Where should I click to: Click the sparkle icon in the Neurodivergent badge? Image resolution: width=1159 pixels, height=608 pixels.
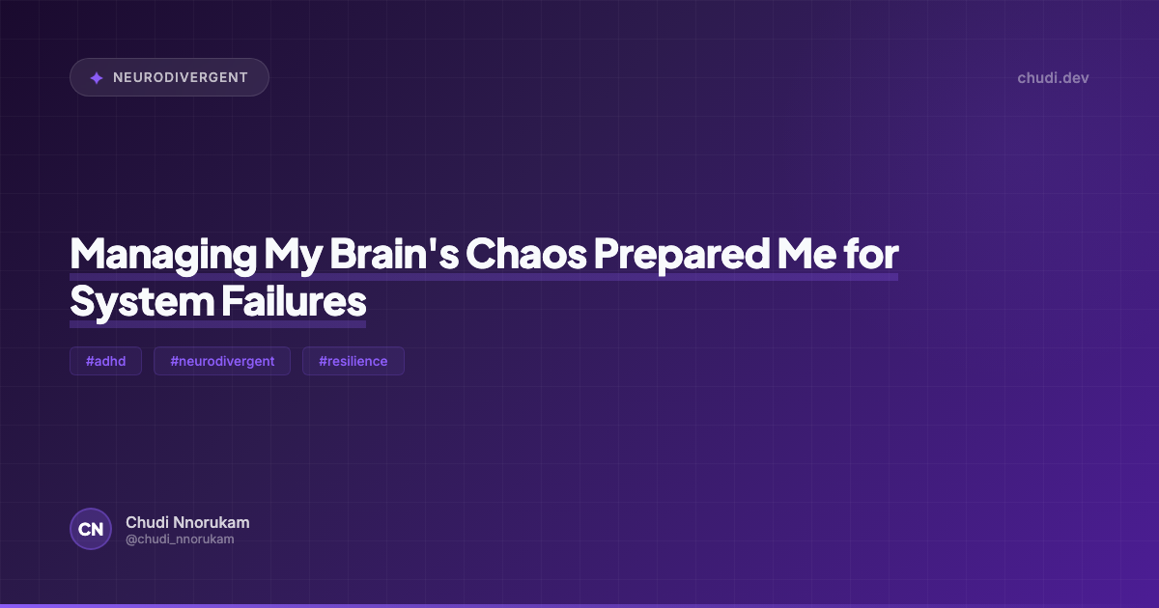(97, 78)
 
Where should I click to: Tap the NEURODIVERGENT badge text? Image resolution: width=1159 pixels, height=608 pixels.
(181, 77)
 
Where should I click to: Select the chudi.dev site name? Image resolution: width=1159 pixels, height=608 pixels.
(1053, 77)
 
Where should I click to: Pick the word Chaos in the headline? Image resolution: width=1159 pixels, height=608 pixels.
(525, 254)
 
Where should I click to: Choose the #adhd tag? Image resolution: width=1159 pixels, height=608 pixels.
(105, 361)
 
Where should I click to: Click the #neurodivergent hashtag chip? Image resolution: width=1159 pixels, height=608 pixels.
(222, 361)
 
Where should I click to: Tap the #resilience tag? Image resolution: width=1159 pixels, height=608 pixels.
(353, 361)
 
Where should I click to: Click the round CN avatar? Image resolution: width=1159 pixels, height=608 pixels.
(91, 529)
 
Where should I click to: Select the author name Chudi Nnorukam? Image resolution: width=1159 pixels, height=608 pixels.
(187, 522)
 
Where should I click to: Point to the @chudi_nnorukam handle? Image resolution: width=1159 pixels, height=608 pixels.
(180, 539)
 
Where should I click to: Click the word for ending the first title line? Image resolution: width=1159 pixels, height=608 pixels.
(869, 254)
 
